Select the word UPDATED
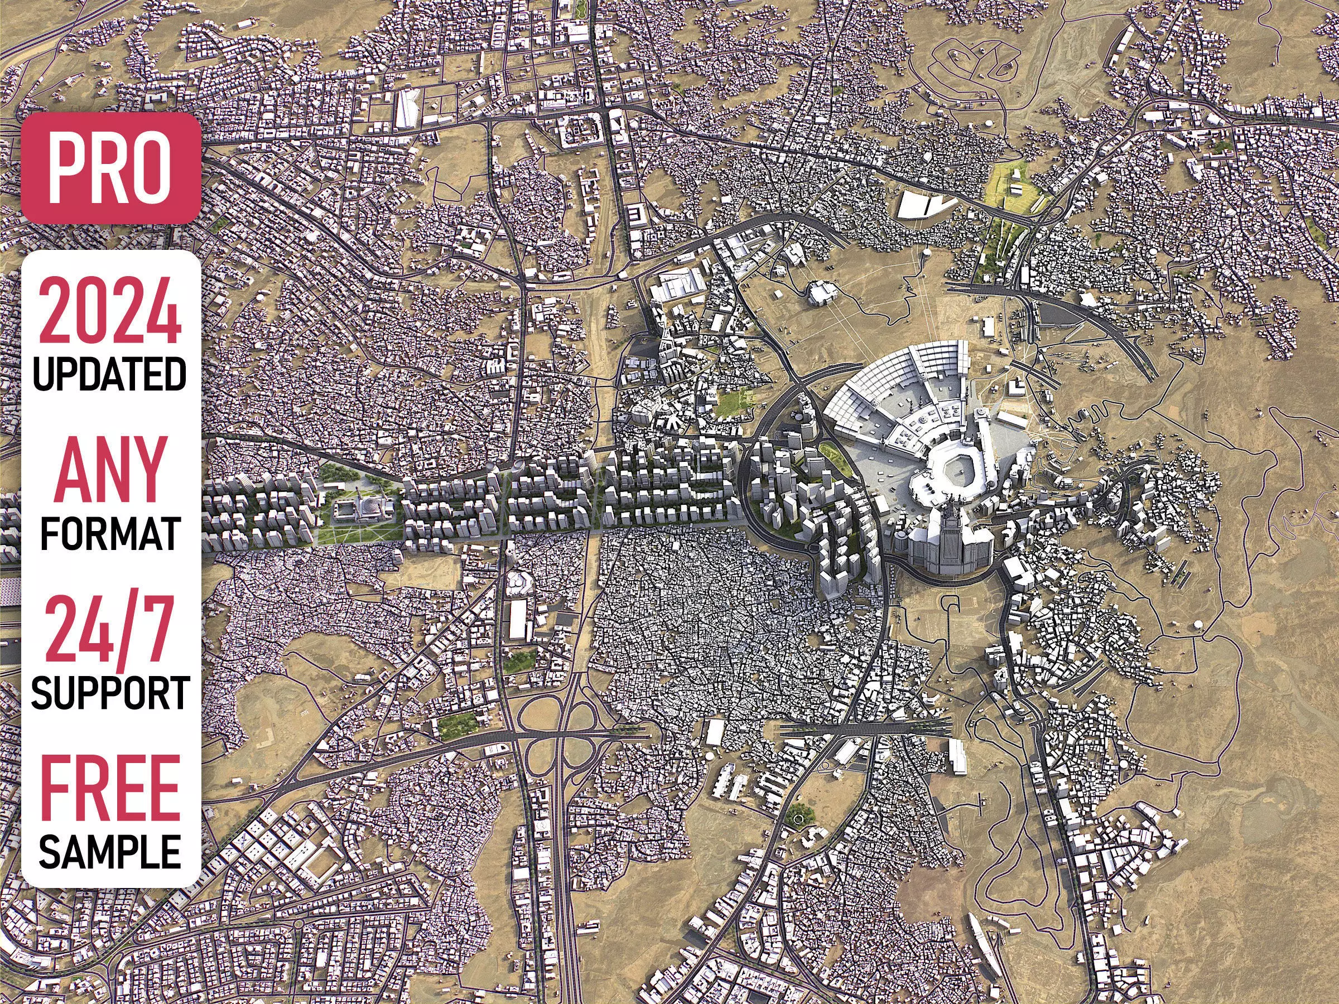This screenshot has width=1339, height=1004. pyautogui.click(x=110, y=374)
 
